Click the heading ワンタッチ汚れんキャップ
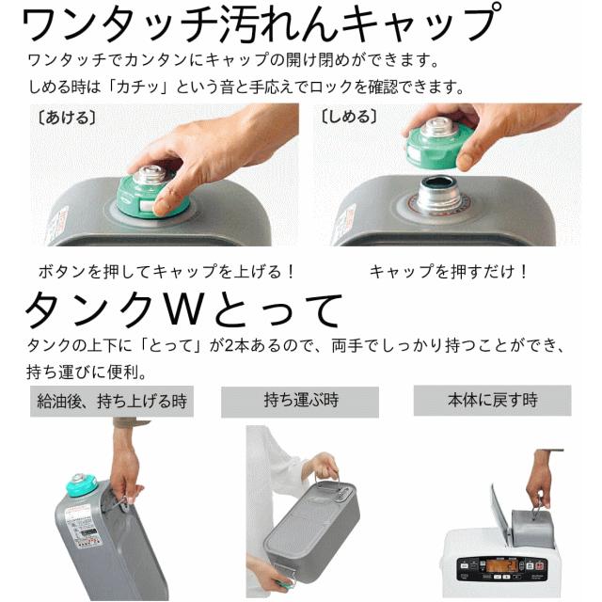261,23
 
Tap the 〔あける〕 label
67,118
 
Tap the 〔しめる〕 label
349,117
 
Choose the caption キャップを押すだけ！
449,272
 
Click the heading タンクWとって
183,309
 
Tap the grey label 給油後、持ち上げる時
112,402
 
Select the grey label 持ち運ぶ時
300,402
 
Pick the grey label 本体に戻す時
492,400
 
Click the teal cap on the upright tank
81,484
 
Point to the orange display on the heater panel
499,566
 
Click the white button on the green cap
147,205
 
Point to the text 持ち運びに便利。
87,372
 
